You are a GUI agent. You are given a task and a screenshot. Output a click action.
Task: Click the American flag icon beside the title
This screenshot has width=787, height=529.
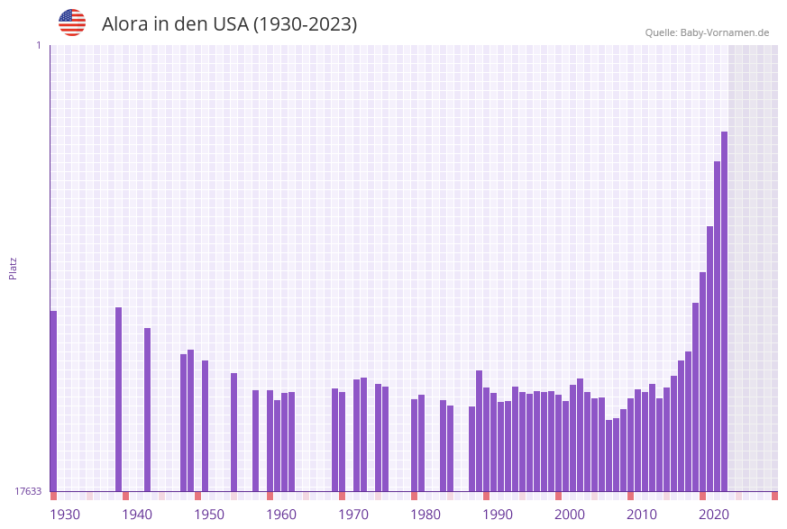pos(72,23)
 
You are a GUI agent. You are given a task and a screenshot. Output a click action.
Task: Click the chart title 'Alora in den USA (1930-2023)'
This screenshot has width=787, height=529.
pos(229,24)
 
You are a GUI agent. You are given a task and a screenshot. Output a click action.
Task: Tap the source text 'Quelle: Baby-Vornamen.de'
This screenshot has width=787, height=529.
pos(707,32)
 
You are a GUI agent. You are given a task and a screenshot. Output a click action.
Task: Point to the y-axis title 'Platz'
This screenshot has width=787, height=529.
pos(14,268)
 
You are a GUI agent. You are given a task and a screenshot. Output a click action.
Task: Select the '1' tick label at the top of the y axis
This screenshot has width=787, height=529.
pos(38,45)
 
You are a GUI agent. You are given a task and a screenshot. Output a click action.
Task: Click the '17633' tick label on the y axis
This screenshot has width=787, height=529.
pos(28,491)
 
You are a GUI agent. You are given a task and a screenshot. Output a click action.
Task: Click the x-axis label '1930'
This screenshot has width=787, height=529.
pos(64,515)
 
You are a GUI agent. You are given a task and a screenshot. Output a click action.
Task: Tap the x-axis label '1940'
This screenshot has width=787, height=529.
pos(137,515)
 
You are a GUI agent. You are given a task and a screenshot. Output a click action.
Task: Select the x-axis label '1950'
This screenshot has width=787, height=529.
pos(209,515)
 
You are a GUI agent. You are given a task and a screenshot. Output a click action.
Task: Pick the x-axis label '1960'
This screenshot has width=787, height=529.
pos(281,515)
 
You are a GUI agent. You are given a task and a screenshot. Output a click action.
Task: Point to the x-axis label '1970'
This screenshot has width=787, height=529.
pos(353,515)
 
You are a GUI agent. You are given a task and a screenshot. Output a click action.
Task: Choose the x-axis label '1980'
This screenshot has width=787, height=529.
pos(426,515)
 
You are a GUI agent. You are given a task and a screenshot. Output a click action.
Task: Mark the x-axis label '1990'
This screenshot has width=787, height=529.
pos(498,515)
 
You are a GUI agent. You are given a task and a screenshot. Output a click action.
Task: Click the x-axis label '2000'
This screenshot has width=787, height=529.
pos(570,515)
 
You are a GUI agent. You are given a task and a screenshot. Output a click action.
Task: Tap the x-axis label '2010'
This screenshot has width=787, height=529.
pos(642,515)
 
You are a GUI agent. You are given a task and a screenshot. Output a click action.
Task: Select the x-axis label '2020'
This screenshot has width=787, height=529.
pos(714,515)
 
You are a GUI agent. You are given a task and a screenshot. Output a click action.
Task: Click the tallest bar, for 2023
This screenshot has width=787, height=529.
pos(724,311)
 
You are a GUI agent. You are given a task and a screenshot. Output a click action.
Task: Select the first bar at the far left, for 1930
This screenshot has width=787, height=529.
pos(53,401)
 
